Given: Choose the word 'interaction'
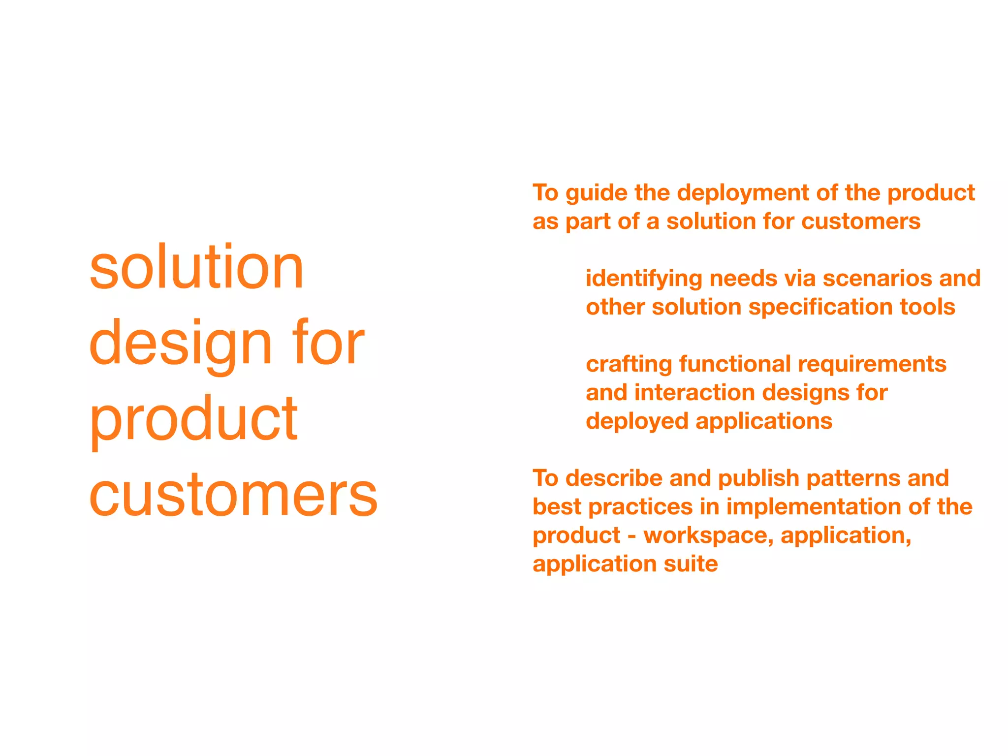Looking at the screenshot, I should click(694, 393).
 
